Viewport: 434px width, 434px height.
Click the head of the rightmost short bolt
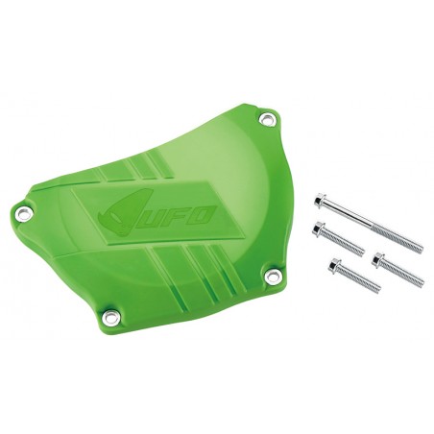pos(378,257)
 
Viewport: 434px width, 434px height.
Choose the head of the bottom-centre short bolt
pos(334,265)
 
